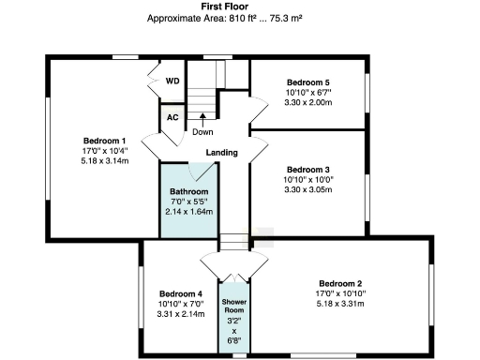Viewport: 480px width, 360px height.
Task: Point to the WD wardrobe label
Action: (172, 82)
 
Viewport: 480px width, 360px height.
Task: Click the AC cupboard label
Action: (172, 118)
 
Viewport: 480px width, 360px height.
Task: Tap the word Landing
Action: (221, 153)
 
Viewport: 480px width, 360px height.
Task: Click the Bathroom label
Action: (191, 191)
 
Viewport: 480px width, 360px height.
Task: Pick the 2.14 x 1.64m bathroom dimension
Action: (191, 212)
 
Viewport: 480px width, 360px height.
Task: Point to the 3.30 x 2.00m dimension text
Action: (308, 103)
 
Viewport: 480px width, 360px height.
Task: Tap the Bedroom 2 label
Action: (339, 283)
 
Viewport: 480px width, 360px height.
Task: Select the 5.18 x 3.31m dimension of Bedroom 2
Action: (339, 304)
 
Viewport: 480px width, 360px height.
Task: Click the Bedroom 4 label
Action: (178, 292)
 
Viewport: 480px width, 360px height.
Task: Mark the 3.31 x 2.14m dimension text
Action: (178, 313)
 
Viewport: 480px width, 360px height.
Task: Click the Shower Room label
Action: (233, 307)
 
